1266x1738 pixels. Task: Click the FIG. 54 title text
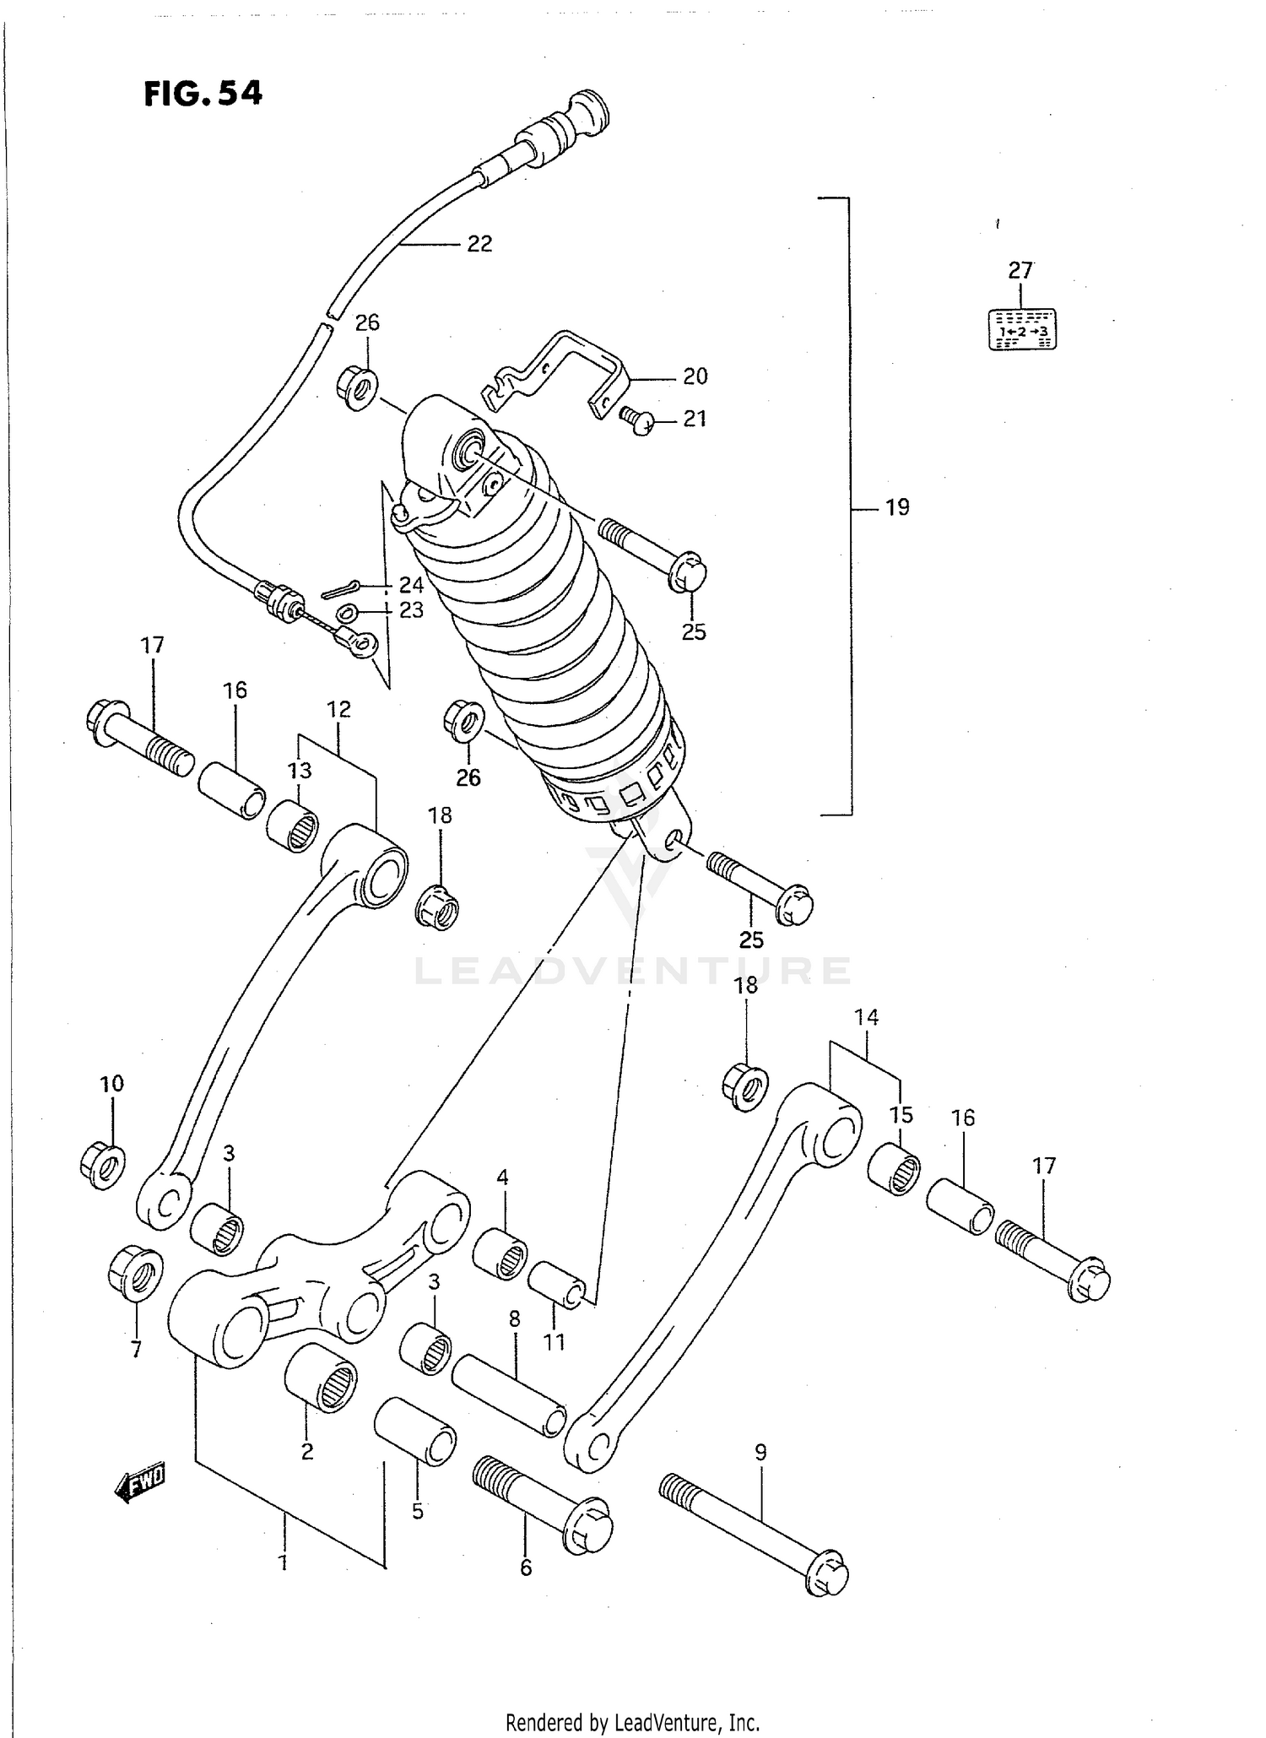pyautogui.click(x=203, y=93)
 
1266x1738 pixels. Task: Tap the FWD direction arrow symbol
pyautogui.click(x=139, y=1484)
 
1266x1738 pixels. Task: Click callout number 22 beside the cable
pyautogui.click(x=479, y=244)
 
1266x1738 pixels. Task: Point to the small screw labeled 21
pyautogui.click(x=638, y=418)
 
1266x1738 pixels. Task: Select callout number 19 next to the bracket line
pyautogui.click(x=897, y=507)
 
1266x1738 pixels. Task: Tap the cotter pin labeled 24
pyautogui.click(x=341, y=588)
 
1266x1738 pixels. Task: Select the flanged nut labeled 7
pyautogui.click(x=136, y=1272)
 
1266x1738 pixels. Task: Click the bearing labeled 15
pyautogui.click(x=895, y=1169)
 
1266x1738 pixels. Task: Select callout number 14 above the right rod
pyautogui.click(x=867, y=1017)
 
